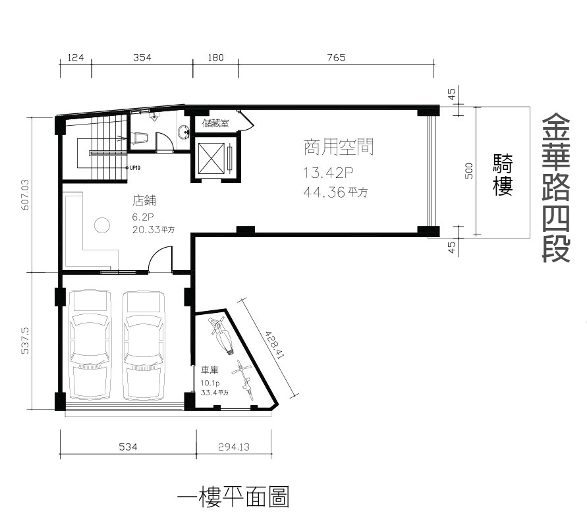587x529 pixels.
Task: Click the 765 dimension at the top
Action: pos(336,57)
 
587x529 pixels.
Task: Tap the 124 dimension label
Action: pos(75,57)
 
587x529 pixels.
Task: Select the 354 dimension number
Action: pos(142,57)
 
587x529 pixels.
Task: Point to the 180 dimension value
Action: pos(215,57)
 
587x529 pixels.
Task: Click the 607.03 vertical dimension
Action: pos(26,195)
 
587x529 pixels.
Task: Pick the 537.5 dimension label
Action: pos(25,341)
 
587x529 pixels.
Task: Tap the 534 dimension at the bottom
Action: pos(128,447)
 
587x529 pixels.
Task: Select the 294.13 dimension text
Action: pos(234,447)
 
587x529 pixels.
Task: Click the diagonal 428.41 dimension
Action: pos(275,345)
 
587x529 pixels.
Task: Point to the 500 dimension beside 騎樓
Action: pos(468,171)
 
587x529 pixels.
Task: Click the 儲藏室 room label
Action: pos(215,123)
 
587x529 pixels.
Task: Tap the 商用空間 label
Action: pos(339,147)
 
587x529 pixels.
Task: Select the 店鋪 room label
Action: pos(144,201)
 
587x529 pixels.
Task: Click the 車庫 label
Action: pos(210,370)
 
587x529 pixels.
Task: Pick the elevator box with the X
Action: pos(211,158)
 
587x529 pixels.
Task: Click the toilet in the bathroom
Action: pos(139,138)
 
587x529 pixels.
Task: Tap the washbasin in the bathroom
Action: pos(183,132)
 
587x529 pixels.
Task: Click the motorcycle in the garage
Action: pos(221,335)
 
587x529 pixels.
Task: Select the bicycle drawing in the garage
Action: pos(242,379)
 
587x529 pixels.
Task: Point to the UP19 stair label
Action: pos(134,168)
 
